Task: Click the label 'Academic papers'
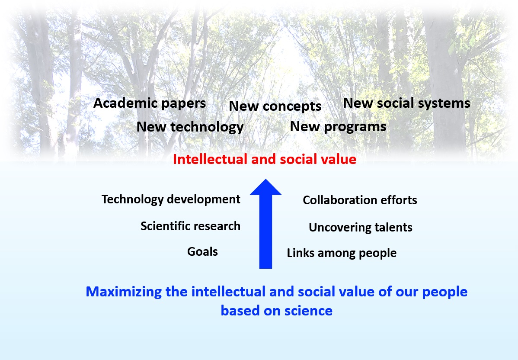150,103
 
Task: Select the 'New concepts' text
275,106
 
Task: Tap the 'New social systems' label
407,103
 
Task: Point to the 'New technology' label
190,127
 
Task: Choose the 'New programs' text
338,127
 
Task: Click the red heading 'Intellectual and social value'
265,159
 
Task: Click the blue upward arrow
265,224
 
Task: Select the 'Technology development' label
171,199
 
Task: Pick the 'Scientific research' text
190,226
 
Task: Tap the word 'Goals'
202,252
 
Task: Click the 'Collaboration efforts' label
360,200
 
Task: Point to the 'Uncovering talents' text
361,228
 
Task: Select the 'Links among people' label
342,253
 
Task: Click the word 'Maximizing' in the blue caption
124,292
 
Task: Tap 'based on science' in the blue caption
276,311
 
